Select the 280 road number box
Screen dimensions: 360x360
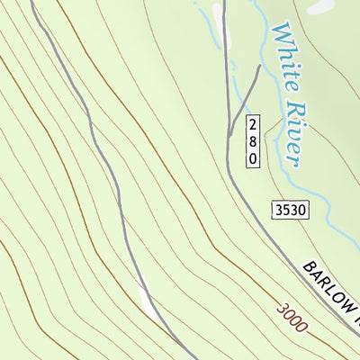[253, 141]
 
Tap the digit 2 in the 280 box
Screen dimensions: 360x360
[253, 125]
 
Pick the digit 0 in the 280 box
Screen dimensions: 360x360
[253, 157]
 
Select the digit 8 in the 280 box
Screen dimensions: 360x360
[253, 141]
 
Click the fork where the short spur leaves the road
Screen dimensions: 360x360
[229, 135]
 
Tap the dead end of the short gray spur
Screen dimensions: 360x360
[260, 66]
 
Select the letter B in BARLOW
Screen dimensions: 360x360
[308, 268]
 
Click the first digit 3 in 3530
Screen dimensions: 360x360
[278, 211]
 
